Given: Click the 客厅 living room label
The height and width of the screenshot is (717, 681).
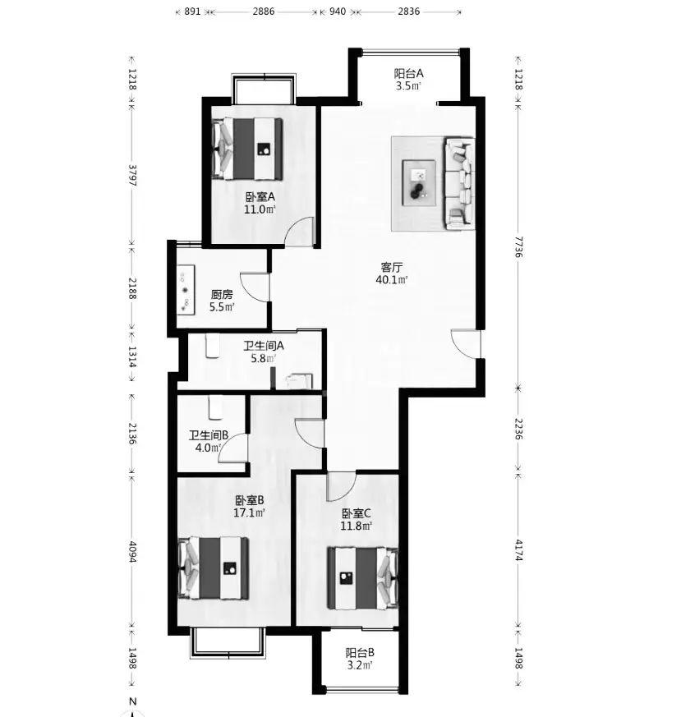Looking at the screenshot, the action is [392, 267].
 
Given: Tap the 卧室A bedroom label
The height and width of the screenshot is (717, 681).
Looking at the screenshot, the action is [260, 197].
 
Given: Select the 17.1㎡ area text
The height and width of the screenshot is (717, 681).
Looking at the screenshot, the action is [249, 512].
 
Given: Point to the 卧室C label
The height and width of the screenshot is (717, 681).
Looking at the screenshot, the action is [357, 513].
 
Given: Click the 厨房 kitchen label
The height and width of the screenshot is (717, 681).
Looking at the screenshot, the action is [222, 295].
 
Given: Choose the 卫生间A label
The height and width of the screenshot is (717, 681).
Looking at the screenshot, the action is [264, 346].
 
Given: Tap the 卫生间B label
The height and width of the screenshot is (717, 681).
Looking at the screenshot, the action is [209, 435].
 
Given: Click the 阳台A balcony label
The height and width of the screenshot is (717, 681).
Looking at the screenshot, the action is [408, 73].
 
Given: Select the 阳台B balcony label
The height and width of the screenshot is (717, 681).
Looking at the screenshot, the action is [360, 652].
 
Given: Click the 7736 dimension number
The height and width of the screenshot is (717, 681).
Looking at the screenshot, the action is [518, 246].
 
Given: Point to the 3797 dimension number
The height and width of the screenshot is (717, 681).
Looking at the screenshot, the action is [132, 175].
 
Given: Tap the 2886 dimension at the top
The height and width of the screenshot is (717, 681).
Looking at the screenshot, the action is [264, 11].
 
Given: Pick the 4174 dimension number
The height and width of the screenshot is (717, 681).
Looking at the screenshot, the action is [518, 550].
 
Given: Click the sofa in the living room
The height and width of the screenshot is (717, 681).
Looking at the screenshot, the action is [458, 183].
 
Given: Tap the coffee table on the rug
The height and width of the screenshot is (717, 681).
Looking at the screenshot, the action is [418, 183].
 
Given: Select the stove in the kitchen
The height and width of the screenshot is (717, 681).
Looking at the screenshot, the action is [186, 289].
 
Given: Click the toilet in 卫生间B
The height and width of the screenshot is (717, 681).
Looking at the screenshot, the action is [215, 407].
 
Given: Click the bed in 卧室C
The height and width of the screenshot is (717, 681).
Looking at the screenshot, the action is [363, 578].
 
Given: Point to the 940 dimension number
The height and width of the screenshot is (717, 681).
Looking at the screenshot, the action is [338, 11].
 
